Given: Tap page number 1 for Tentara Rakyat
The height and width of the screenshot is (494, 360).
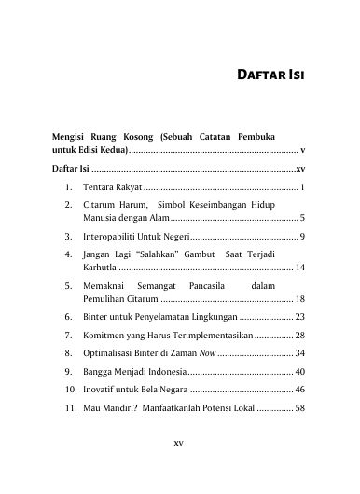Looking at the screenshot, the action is [x=304, y=188].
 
